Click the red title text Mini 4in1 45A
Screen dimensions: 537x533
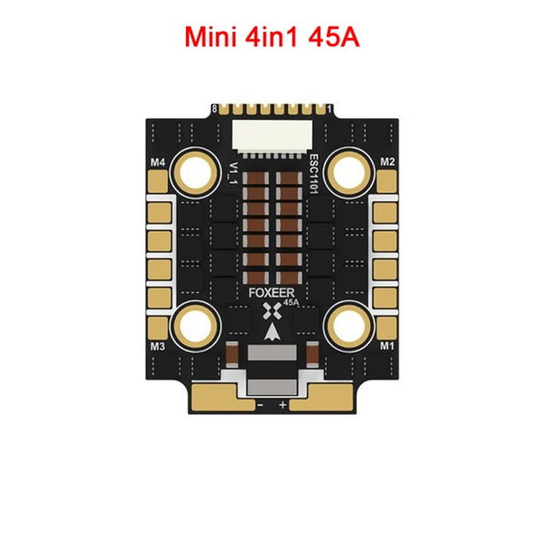click(x=273, y=37)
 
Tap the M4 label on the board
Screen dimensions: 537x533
click(x=158, y=162)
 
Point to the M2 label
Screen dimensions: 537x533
click(x=387, y=162)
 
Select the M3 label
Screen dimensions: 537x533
click(x=158, y=346)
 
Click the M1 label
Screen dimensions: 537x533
click(x=387, y=346)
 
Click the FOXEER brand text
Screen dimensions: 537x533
click(x=272, y=293)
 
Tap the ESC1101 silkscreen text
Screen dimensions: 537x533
click(x=313, y=174)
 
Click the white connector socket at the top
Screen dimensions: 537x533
click(x=273, y=135)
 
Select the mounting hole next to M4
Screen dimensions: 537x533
click(x=196, y=172)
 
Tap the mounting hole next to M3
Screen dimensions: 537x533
click(x=196, y=326)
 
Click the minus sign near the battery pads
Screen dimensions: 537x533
click(x=260, y=405)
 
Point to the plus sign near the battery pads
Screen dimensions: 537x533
click(x=282, y=405)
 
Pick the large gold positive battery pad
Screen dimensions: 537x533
click(x=321, y=397)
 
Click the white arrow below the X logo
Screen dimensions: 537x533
click(x=273, y=331)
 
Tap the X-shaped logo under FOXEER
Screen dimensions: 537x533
click(x=272, y=311)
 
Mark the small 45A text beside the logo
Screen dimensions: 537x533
click(x=292, y=303)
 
